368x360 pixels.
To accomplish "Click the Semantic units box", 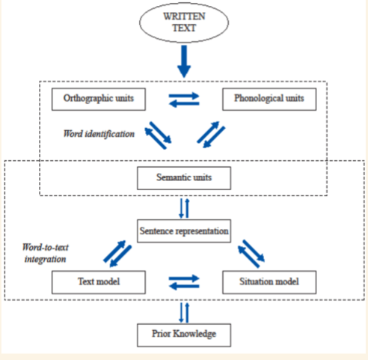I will pos(183,178).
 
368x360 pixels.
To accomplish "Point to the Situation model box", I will pos(269,282).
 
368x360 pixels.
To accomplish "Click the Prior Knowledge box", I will pos(183,335).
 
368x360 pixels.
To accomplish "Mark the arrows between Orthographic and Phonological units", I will pos(183,97).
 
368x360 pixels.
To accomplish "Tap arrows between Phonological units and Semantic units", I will pos(213,135).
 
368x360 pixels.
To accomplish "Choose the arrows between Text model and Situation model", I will pos(183,283).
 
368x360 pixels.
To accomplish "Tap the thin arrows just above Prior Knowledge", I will pos(183,311).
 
